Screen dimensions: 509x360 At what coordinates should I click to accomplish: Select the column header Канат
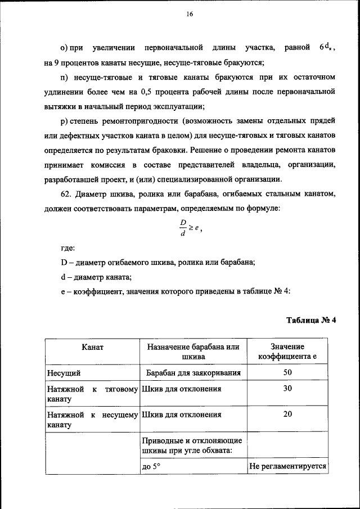click(x=92, y=347)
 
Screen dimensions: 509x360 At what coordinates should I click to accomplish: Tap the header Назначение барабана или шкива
click(x=193, y=352)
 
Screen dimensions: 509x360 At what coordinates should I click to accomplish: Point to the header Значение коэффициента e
click(x=287, y=352)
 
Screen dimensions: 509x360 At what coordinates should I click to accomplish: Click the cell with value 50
click(x=287, y=372)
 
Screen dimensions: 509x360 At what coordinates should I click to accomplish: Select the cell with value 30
click(x=287, y=389)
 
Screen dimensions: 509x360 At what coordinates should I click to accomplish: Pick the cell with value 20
click(x=287, y=415)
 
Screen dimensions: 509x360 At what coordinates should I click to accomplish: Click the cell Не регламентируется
click(x=287, y=466)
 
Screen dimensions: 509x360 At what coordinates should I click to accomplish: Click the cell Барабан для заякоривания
click(x=193, y=372)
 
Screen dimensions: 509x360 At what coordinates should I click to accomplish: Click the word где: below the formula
click(x=67, y=247)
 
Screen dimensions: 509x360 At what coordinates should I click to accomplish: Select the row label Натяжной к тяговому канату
click(x=92, y=394)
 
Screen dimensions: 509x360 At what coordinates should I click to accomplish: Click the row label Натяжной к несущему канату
click(x=92, y=420)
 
